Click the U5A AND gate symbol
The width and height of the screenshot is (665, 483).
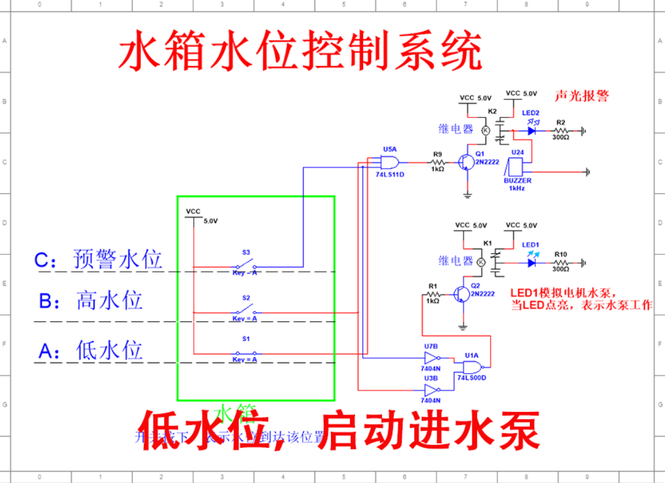390,162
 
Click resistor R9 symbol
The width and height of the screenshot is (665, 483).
437,162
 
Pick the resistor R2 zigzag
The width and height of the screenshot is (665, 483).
560,130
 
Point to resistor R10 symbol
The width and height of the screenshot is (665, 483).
560,262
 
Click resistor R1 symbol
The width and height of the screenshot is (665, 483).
432,294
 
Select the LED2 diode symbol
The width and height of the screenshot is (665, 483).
531,130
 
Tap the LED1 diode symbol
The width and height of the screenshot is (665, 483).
531,262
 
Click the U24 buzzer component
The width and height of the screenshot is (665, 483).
515,167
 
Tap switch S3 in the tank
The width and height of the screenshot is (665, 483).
246,267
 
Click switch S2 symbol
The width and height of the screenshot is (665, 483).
246,312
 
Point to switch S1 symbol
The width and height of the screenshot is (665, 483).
246,354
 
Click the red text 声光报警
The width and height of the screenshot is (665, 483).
581,95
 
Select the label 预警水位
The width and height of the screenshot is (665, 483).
117,259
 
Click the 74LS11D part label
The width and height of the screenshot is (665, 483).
390,175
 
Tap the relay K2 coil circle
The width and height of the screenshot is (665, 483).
485,130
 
